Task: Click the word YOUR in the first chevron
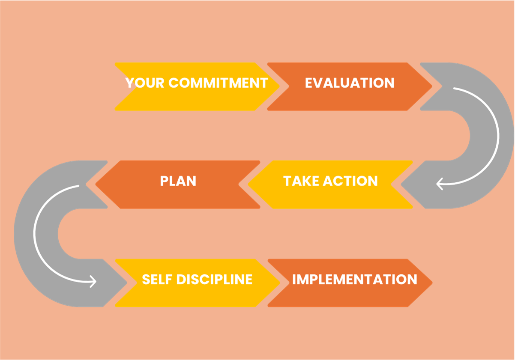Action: tap(145, 83)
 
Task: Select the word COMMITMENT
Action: tap(218, 83)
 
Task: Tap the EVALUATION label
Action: tap(350, 83)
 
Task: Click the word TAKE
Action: tap(301, 181)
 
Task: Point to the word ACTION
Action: tap(350, 181)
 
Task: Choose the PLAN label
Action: tap(178, 181)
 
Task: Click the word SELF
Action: tap(157, 279)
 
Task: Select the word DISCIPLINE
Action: tap(214, 279)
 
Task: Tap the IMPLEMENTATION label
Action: tap(354, 279)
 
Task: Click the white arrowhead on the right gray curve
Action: tap(439, 184)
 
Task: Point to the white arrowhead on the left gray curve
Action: tap(93, 281)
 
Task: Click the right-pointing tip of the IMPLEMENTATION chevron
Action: tap(432, 283)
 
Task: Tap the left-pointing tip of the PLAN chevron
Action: tap(96, 184)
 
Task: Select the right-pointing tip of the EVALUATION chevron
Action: tap(432, 86)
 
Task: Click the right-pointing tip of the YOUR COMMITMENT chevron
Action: tap(279, 86)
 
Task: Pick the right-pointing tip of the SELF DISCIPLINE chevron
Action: tap(280, 283)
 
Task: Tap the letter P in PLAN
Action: tap(164, 181)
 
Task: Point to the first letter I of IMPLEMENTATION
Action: tap(294, 279)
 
